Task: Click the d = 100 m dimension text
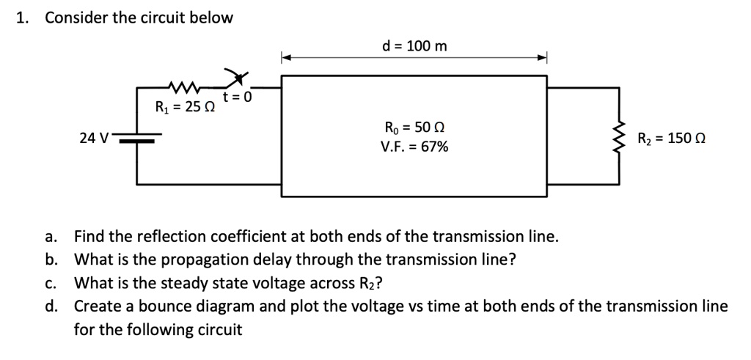pyautogui.click(x=414, y=47)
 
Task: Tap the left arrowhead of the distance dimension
pyautogui.click(x=287, y=58)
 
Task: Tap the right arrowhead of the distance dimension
pyautogui.click(x=543, y=58)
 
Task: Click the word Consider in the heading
pyautogui.click(x=76, y=18)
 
